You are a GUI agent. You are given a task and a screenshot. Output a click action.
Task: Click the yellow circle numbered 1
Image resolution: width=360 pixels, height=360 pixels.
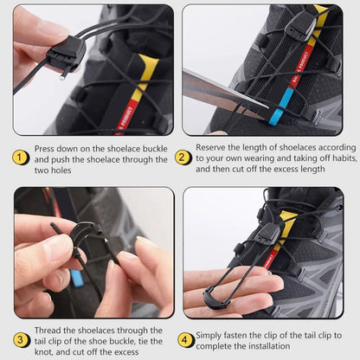tap(21, 157)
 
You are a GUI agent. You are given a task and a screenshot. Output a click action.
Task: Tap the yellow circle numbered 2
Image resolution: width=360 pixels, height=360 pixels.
tap(183, 157)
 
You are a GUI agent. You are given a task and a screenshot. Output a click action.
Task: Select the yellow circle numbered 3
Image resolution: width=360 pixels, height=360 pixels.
tap(21, 340)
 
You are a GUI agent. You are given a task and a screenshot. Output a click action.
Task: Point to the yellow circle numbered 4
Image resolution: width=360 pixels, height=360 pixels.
tap(185, 340)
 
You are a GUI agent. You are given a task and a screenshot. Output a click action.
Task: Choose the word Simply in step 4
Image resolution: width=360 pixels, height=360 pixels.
tap(212, 335)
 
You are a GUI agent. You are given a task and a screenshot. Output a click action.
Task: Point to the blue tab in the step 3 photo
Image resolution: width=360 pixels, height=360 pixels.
tap(77, 279)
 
